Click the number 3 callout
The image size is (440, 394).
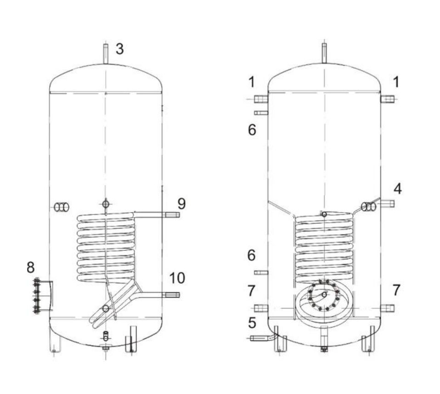pyautogui.click(x=119, y=49)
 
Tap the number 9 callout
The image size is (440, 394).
pyautogui.click(x=181, y=203)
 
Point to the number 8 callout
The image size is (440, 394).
pyautogui.click(x=31, y=267)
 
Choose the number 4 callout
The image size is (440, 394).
pyautogui.click(x=398, y=188)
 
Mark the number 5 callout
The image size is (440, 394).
pyautogui.click(x=252, y=323)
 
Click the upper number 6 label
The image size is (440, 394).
pyautogui.click(x=252, y=130)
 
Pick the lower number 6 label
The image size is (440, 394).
pyautogui.click(x=252, y=255)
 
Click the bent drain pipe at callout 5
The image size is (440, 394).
pyautogui.click(x=263, y=338)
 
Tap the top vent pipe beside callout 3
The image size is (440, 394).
pyautogui.click(x=105, y=54)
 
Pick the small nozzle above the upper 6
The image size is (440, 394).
pyautogui.click(x=260, y=113)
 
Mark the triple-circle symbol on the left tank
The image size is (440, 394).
pyautogui.click(x=62, y=208)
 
